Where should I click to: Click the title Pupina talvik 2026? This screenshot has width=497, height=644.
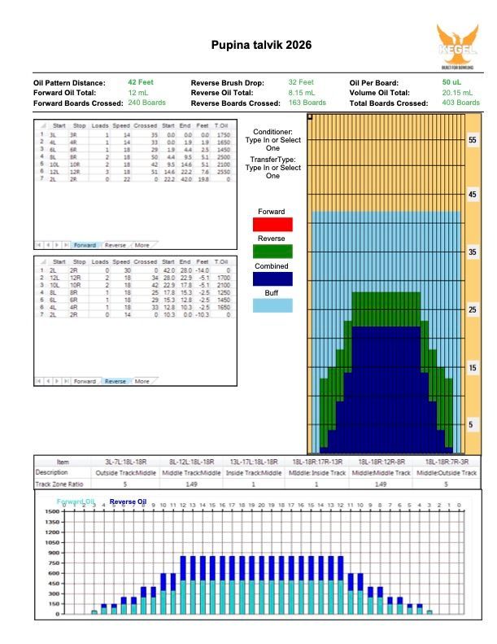[260, 46]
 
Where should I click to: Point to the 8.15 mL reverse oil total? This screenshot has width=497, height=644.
[304, 94]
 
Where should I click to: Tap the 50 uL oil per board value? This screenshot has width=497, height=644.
[452, 83]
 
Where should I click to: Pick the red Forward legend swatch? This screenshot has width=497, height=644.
[273, 224]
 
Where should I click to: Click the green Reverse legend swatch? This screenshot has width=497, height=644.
[273, 251]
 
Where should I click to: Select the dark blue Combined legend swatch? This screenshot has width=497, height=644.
[273, 278]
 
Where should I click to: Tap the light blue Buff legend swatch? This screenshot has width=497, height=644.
[273, 305]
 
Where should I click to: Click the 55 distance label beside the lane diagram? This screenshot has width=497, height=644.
[473, 140]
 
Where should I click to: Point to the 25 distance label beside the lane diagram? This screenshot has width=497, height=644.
[473, 310]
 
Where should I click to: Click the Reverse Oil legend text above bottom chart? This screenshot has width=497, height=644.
[128, 502]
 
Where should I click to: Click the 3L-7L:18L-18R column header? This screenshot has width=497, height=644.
[129, 462]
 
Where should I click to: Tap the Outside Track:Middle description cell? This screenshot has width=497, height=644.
[129, 472]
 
